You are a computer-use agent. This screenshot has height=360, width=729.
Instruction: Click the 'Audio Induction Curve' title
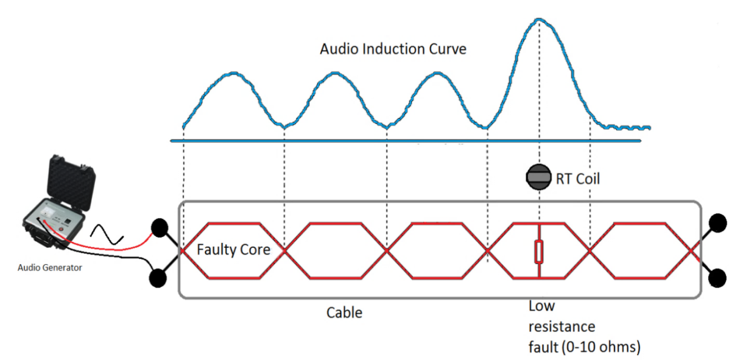click(393, 49)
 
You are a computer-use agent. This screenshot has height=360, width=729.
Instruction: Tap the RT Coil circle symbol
click(538, 177)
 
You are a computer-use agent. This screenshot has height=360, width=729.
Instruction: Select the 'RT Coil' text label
click(578, 178)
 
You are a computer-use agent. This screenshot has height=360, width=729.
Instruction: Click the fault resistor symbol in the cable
click(539, 252)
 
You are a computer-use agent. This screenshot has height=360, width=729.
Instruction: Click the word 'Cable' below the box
click(344, 313)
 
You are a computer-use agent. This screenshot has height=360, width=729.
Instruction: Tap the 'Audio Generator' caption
click(50, 267)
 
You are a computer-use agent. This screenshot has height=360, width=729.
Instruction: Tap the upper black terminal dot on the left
click(160, 228)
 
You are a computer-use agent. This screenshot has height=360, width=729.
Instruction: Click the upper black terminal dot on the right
click(719, 223)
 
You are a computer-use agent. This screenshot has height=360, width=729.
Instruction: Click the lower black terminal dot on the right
click(719, 278)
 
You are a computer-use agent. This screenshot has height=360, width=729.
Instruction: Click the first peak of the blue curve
click(233, 74)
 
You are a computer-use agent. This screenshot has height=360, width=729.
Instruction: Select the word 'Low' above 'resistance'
click(541, 306)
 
